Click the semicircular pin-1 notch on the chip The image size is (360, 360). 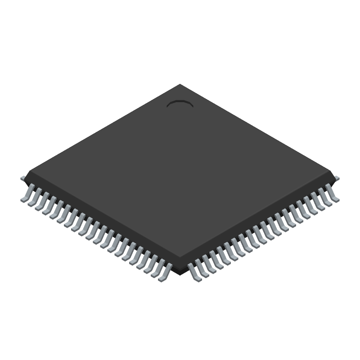click(180, 104)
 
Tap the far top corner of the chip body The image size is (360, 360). click(180, 85)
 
